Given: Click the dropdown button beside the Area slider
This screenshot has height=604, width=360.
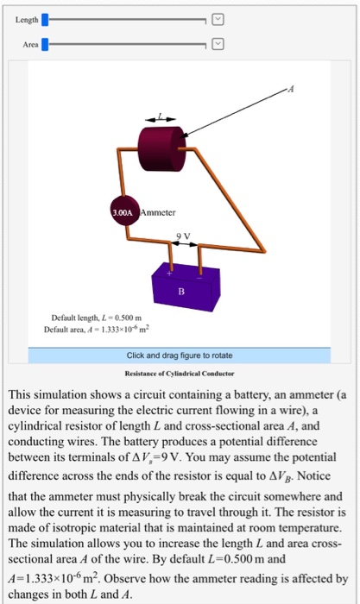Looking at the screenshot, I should coord(218,41).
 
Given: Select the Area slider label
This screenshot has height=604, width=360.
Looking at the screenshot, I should coord(25,41).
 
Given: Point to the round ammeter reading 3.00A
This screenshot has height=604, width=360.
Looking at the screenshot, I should coord(122,210).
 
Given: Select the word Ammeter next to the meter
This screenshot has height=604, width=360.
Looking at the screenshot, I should coord(158,210).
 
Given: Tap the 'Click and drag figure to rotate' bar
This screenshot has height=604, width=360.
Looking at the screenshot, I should coord(179,355).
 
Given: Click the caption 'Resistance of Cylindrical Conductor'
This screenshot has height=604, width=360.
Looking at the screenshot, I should coord(179,374).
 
